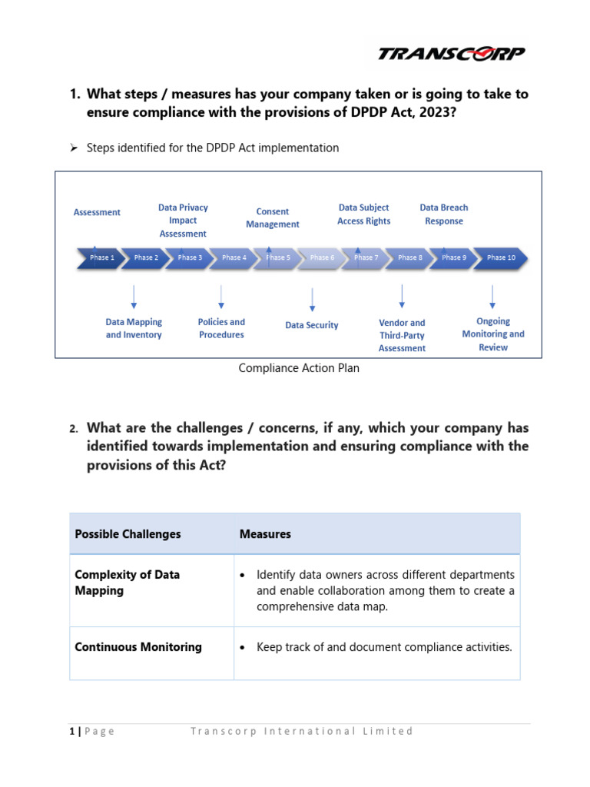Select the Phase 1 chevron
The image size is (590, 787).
point(99,257)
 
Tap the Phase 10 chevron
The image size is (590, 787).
point(501,257)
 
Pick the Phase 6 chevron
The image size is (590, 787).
point(322,257)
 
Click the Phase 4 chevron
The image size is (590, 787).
point(234,257)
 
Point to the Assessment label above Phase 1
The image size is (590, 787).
point(97,212)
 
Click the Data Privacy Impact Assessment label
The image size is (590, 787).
point(183,221)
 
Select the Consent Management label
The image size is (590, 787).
point(273,218)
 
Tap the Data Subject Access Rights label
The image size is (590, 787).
point(363,214)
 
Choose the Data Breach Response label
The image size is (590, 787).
point(444,214)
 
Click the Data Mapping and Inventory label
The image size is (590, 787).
point(134,328)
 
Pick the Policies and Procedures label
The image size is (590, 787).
point(221,328)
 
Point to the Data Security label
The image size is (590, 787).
point(312,325)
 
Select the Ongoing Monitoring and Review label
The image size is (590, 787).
point(493,334)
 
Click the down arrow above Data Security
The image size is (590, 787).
point(312,299)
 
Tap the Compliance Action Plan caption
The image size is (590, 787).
point(299,368)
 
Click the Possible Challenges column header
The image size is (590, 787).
point(128,534)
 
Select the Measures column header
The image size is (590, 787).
point(265,534)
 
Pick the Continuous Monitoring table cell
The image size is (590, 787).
point(138,647)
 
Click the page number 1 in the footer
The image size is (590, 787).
point(70,731)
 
